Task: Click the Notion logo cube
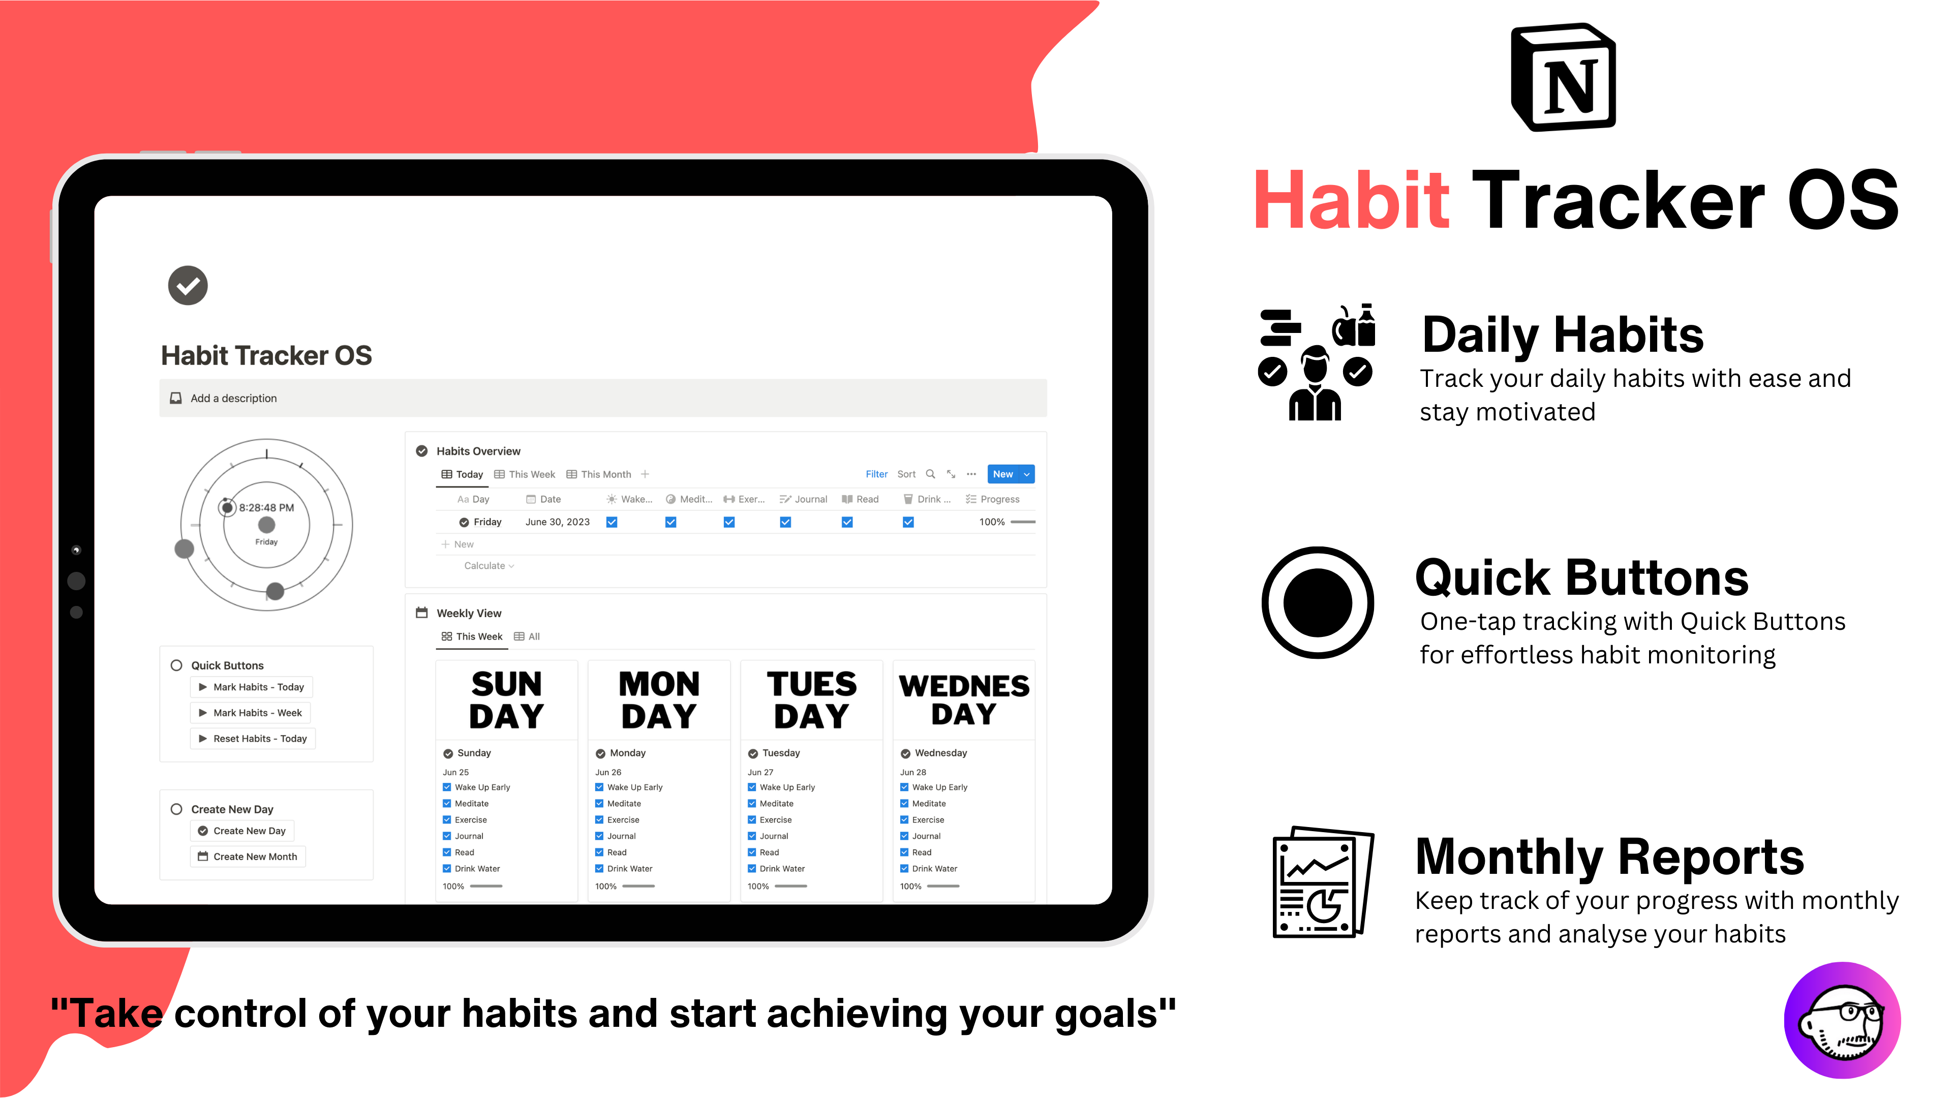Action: [x=1563, y=77]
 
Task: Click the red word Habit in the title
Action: [x=1351, y=201]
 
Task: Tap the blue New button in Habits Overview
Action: [x=1002, y=474]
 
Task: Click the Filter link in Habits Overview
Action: [x=876, y=474]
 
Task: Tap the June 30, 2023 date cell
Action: [x=557, y=522]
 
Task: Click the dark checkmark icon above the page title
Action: [x=188, y=286]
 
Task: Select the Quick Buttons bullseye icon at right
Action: [x=1317, y=603]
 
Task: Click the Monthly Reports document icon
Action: [x=1322, y=882]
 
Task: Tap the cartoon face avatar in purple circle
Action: [x=1842, y=1020]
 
